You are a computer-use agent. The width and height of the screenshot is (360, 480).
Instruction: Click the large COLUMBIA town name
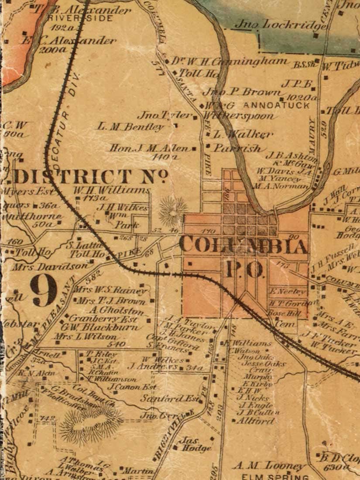[243, 246]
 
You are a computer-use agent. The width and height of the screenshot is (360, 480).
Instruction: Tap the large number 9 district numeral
[44, 290]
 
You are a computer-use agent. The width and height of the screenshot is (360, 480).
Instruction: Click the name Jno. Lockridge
[279, 25]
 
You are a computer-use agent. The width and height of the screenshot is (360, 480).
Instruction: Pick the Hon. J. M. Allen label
[149, 148]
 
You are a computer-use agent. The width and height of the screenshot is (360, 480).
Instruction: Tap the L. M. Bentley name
[130, 127]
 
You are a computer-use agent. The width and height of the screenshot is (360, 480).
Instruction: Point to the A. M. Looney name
[269, 466]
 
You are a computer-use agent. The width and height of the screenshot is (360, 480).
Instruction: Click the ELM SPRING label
[275, 476]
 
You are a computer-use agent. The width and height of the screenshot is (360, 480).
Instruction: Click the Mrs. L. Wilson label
[86, 337]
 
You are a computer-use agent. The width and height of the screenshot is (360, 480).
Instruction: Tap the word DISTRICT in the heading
[72, 177]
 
